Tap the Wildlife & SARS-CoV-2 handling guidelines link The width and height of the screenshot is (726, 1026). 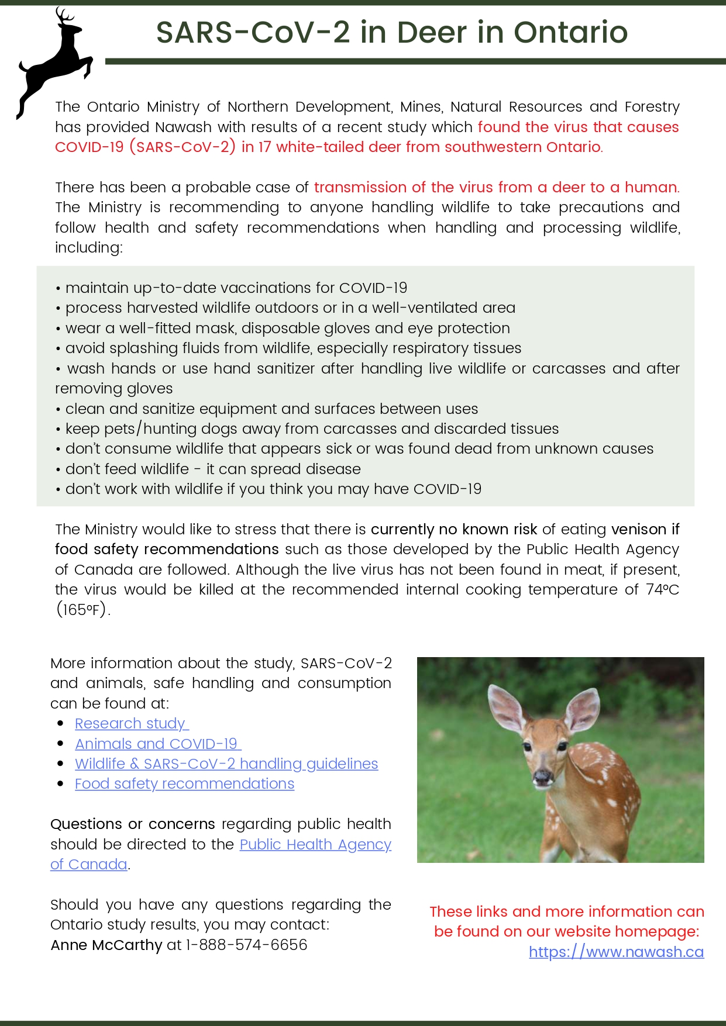(226, 764)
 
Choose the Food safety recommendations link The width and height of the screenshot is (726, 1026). (184, 784)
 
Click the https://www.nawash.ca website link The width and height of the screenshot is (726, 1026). (616, 952)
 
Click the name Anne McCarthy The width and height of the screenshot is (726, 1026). (106, 945)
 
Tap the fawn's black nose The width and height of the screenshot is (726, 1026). (542, 776)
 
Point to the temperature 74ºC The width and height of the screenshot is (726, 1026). (662, 589)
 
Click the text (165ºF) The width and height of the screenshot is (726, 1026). (82, 610)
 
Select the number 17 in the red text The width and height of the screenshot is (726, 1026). (264, 147)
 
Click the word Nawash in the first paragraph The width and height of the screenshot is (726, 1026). (183, 127)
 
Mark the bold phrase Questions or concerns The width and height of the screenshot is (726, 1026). (133, 824)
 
